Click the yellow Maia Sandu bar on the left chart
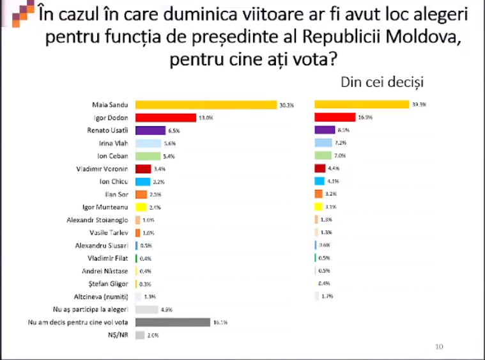(204, 105)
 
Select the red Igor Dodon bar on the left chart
(166, 118)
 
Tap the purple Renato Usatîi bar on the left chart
(150, 130)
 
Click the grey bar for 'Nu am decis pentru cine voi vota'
(173, 322)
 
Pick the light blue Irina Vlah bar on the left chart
(148, 143)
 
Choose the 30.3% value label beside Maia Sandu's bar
(286, 105)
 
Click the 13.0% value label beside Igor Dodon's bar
(205, 118)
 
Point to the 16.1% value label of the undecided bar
(220, 322)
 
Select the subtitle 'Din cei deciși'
(383, 82)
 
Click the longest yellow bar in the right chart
(362, 104)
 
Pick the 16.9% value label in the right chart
(365, 118)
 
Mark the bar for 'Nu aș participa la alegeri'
(147, 309)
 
